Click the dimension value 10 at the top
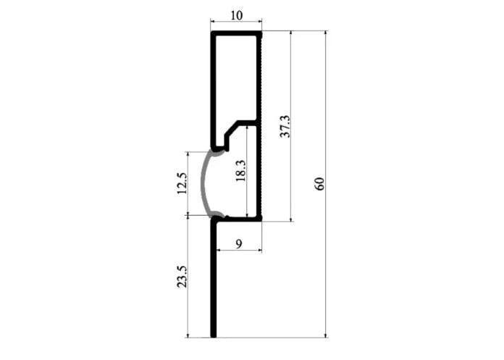[x=237, y=15]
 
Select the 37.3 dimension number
[x=285, y=126]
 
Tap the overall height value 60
[x=320, y=183]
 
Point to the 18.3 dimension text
[x=240, y=170]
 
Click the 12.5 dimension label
[x=182, y=183]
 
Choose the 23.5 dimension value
[x=182, y=277]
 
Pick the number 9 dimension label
[x=239, y=244]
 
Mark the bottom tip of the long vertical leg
[x=213, y=336]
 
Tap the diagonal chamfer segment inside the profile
[x=232, y=127]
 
